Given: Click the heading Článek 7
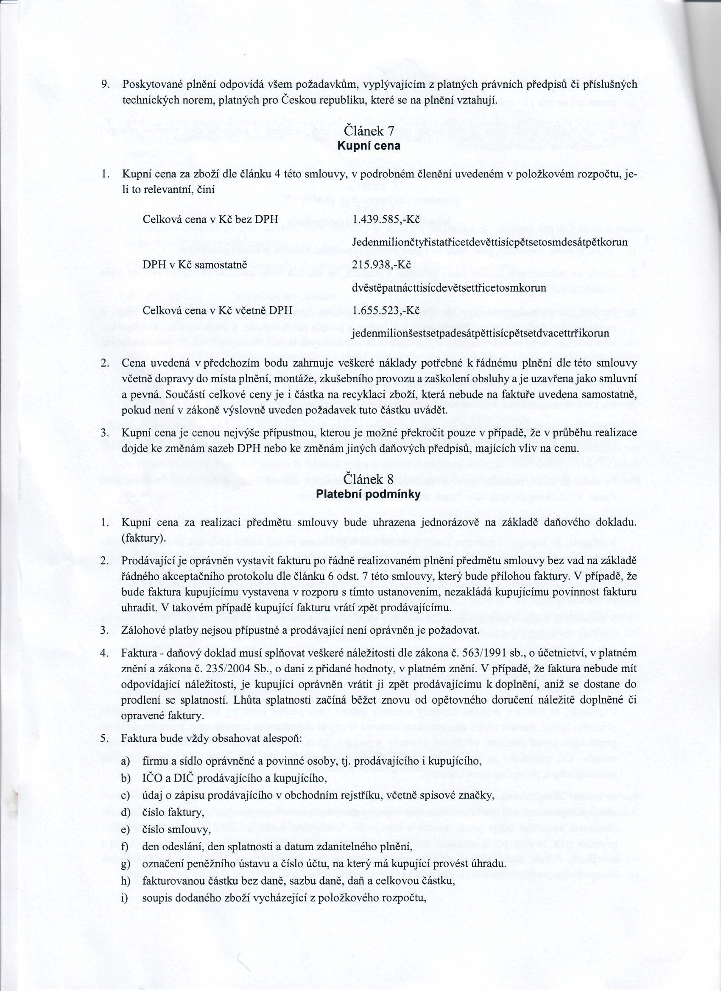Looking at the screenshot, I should click(x=369, y=131).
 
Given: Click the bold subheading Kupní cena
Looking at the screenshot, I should click(x=369, y=146).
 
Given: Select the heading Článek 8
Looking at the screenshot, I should click(x=369, y=479).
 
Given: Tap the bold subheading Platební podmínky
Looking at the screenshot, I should click(x=368, y=495).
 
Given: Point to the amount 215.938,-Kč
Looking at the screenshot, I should click(x=381, y=265).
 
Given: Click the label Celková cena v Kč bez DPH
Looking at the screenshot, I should click(x=208, y=219).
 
